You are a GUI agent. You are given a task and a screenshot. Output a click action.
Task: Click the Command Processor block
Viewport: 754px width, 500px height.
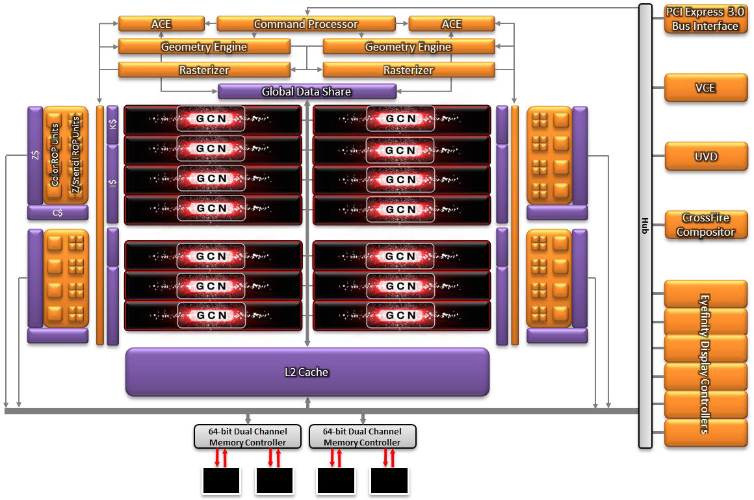(305, 25)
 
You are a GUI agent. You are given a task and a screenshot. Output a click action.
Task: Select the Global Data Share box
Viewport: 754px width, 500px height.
(307, 92)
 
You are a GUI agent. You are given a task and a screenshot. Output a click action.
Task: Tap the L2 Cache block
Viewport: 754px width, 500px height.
(307, 372)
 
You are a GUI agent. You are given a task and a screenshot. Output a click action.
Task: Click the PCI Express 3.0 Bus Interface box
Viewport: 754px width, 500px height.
(705, 19)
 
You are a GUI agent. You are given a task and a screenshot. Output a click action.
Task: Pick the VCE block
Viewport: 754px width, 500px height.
(705, 88)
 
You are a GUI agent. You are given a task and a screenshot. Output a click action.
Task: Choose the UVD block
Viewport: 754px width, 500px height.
(705, 156)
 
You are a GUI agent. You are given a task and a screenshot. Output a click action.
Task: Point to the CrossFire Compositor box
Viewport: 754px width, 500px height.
(705, 225)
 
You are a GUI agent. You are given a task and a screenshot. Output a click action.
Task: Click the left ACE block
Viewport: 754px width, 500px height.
(161, 25)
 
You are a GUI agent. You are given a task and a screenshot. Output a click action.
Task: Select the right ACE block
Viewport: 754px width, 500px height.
(451, 25)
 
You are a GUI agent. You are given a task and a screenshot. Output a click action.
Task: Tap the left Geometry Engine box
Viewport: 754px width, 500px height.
(204, 47)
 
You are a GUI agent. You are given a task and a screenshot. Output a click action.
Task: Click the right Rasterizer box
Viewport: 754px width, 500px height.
(408, 70)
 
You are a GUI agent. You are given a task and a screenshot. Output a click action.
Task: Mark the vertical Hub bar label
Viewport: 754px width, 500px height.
(645, 225)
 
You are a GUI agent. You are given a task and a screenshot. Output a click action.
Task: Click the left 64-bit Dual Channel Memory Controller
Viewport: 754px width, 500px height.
(248, 436)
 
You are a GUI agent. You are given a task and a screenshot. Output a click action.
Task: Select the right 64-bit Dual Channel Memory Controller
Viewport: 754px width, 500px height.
(362, 436)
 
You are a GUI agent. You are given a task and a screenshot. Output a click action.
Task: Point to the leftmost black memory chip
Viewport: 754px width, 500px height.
(221, 481)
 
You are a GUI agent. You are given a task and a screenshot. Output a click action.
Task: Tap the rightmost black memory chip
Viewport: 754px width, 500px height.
(389, 481)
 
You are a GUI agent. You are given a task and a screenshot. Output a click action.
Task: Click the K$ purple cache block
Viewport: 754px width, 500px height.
(113, 123)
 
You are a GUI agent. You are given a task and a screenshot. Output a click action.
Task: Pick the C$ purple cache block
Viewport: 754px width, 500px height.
(57, 212)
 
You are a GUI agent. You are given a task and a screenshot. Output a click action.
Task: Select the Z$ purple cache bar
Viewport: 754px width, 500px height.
(34, 155)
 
